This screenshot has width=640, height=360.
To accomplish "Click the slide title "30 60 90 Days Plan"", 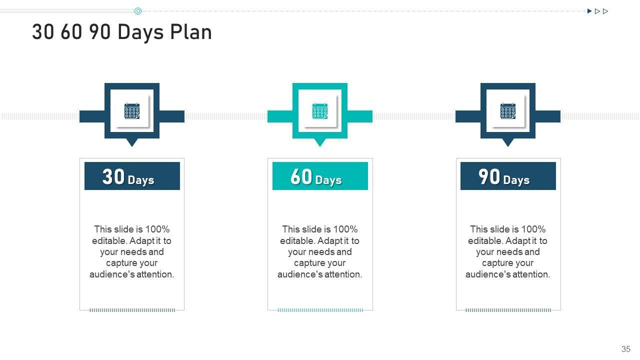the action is (x=121, y=32).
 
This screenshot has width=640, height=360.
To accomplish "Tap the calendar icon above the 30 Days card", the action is (x=132, y=111).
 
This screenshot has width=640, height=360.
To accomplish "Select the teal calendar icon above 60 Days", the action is (x=320, y=111).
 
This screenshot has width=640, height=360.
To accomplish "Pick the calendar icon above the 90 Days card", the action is (x=508, y=111).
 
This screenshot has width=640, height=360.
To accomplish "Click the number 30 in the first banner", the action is (x=113, y=177).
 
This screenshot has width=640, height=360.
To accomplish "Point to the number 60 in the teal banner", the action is (x=301, y=177).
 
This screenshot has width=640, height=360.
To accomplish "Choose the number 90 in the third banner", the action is (x=489, y=177).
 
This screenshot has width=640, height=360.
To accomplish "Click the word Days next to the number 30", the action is (x=141, y=180).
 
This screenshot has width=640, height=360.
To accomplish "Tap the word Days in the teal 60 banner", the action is (x=328, y=180).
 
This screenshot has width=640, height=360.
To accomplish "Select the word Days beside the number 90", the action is (x=516, y=180).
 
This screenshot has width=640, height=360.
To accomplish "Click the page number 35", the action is (x=625, y=349).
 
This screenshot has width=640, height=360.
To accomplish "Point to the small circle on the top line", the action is (x=138, y=11).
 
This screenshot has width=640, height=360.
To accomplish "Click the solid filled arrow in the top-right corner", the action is (x=589, y=11).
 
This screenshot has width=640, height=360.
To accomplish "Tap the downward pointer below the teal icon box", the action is (x=320, y=142).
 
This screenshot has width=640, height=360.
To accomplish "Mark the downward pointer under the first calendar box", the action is (x=132, y=142).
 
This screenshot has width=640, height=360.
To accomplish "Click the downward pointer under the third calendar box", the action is (x=508, y=142).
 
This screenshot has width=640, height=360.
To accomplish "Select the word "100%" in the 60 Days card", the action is (x=345, y=229).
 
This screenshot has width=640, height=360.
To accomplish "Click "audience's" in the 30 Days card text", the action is (x=109, y=274).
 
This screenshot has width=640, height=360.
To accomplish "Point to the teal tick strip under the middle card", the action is (x=320, y=310).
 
